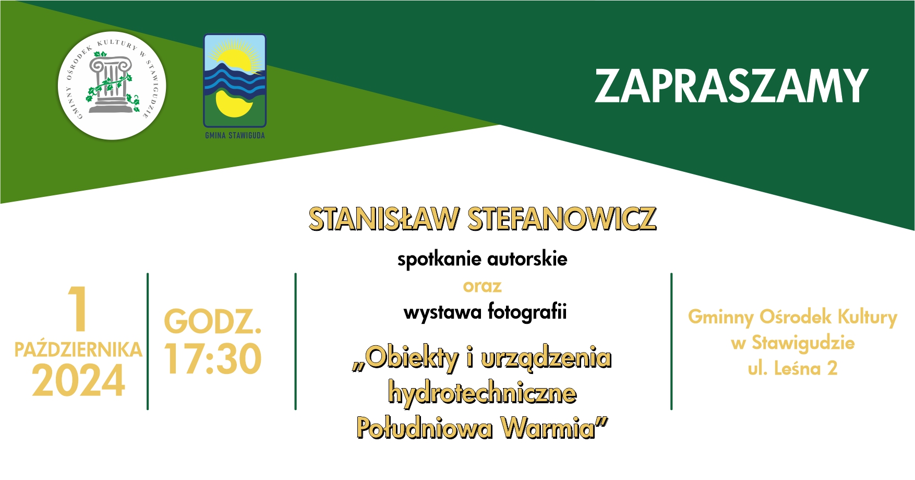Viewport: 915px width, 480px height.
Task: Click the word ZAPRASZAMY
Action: coord(731,86)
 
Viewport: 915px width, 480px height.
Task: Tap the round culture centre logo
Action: coord(112,86)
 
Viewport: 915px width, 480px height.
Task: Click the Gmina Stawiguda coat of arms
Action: coord(235,80)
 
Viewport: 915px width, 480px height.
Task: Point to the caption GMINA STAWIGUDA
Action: coord(235,135)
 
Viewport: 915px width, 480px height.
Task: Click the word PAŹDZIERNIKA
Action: coord(78,349)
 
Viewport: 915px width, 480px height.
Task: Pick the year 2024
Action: coord(78,380)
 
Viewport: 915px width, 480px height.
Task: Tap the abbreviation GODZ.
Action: coord(213,321)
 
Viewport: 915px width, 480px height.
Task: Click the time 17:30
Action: coord(213,359)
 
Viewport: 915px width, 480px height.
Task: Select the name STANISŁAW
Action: coord(384,219)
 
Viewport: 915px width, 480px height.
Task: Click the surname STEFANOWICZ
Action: coord(562,219)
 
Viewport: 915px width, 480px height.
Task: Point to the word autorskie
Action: coord(527,259)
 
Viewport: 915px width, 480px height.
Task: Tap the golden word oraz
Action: coord(482,286)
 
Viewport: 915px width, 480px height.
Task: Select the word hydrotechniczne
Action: coord(482,393)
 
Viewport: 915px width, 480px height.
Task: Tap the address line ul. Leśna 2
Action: coord(792,369)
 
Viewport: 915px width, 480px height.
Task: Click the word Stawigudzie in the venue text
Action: coord(803,343)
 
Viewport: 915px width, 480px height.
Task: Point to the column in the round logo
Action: coord(110,85)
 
